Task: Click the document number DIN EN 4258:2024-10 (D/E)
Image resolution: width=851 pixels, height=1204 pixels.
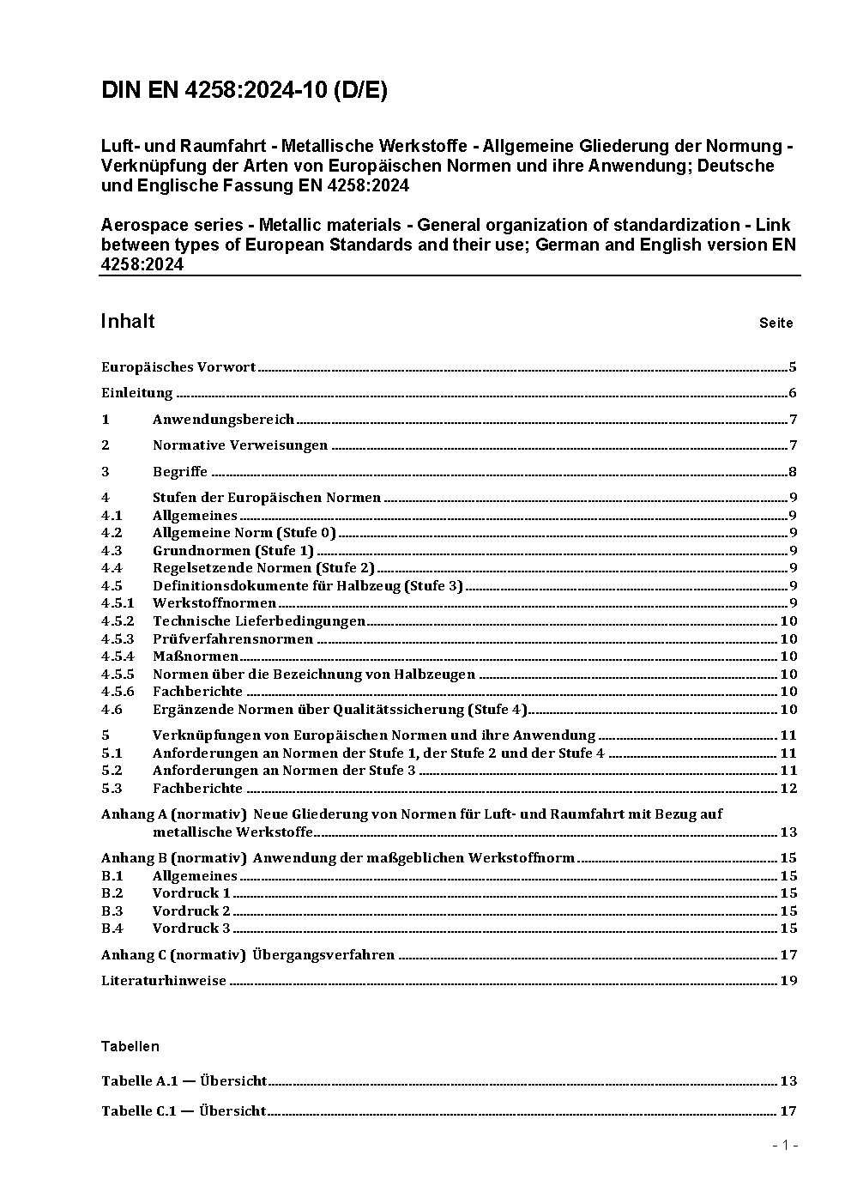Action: tap(244, 90)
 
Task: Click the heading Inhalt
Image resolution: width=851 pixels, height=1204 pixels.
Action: tap(128, 321)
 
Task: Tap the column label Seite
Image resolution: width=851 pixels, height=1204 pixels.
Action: tap(776, 324)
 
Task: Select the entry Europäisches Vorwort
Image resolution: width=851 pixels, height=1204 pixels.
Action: tap(178, 367)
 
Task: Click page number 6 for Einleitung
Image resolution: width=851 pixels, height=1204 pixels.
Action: tap(793, 394)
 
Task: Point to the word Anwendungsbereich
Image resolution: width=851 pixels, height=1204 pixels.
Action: tap(223, 420)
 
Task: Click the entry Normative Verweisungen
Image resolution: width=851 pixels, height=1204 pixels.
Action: tap(240, 445)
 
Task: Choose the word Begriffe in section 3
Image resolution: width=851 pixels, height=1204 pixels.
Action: tap(180, 472)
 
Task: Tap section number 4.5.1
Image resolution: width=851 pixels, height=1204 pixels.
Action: tap(118, 603)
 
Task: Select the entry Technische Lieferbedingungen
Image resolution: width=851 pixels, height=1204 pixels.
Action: tap(259, 621)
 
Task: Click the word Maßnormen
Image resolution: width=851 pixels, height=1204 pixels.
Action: tap(196, 656)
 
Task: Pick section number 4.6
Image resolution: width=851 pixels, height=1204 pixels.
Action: tap(112, 710)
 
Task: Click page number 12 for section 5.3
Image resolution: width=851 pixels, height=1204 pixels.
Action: tap(788, 789)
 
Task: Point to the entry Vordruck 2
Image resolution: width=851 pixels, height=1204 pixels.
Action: tap(191, 911)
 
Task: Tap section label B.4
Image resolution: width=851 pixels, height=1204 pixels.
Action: tap(112, 929)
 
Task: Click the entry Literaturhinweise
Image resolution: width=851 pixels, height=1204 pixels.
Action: tap(164, 981)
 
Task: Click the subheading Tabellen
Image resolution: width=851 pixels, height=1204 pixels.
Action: tap(130, 1046)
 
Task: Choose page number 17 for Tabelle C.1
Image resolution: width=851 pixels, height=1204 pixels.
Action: tap(788, 1111)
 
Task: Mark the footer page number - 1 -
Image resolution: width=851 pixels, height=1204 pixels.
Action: tap(785, 1146)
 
